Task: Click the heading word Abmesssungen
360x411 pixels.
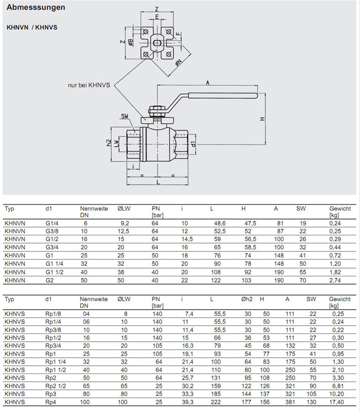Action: tap(36, 8)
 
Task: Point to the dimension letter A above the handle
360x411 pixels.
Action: tap(207, 82)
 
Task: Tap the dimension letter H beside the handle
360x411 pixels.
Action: tap(262, 119)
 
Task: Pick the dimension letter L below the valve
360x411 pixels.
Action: tap(158, 182)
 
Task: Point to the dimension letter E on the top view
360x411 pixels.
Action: tap(156, 17)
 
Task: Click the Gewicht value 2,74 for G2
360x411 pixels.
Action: tap(335, 281)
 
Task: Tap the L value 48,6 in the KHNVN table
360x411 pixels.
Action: tap(220, 223)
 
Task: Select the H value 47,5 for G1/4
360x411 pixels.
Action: tap(250, 223)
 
